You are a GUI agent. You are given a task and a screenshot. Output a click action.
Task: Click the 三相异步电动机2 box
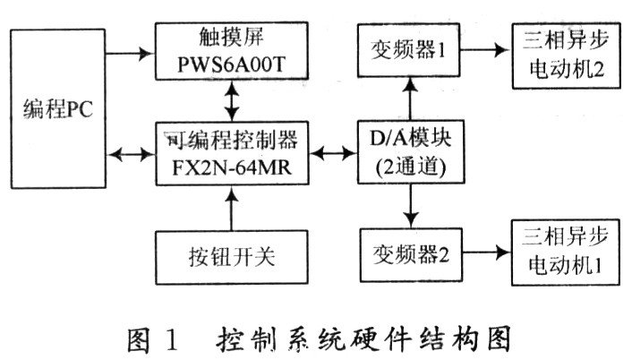[x=565, y=54]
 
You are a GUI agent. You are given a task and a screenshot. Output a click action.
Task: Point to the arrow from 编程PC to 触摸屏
[x=129, y=51]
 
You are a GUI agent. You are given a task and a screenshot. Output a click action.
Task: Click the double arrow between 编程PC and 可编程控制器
[x=129, y=154]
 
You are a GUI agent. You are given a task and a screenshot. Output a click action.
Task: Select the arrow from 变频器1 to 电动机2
[x=484, y=52]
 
